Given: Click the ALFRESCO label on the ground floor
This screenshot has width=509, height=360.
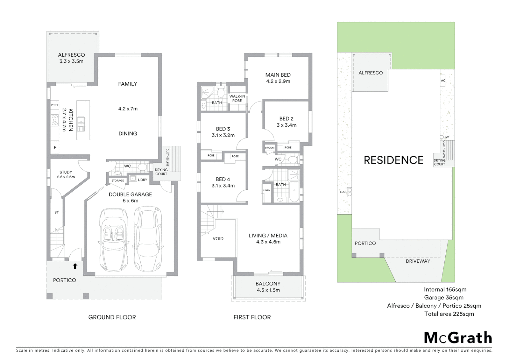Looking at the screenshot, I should pos(71,55).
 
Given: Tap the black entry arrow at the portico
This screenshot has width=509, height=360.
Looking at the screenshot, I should pos(75,266).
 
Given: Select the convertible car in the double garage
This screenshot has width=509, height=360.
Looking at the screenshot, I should pos(114,239).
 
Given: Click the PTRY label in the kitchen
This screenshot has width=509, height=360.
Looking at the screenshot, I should pos(55,105).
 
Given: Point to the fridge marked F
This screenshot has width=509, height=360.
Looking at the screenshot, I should pos(55,147).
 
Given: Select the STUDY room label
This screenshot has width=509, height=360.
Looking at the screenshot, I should pos(66,172).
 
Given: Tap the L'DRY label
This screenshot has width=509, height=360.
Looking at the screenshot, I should pos(142,180).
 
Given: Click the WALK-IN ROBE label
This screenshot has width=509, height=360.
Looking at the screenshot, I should pos(237,98).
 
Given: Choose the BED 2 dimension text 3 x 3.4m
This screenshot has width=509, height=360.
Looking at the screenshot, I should pos(286,125).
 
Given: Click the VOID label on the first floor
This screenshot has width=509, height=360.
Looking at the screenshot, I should pos(218,239).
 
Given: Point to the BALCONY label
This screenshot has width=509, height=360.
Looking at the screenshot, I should pos(268,284).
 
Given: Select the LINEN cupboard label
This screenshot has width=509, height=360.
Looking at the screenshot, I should pos(267,191).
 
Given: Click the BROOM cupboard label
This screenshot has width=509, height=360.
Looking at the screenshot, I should pos(269,148).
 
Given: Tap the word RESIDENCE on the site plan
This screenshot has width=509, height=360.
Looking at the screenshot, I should pos(393,160).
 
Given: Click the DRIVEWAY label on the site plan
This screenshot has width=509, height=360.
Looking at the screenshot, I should pos(418,261).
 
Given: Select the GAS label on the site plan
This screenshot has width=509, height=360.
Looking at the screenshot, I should pos(343,192).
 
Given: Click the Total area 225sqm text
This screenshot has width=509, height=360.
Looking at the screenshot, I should pos(449,314).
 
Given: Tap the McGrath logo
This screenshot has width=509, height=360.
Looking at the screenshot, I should pos(458,338).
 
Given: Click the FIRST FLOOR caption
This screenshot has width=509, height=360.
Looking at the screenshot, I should pos(252,317).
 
